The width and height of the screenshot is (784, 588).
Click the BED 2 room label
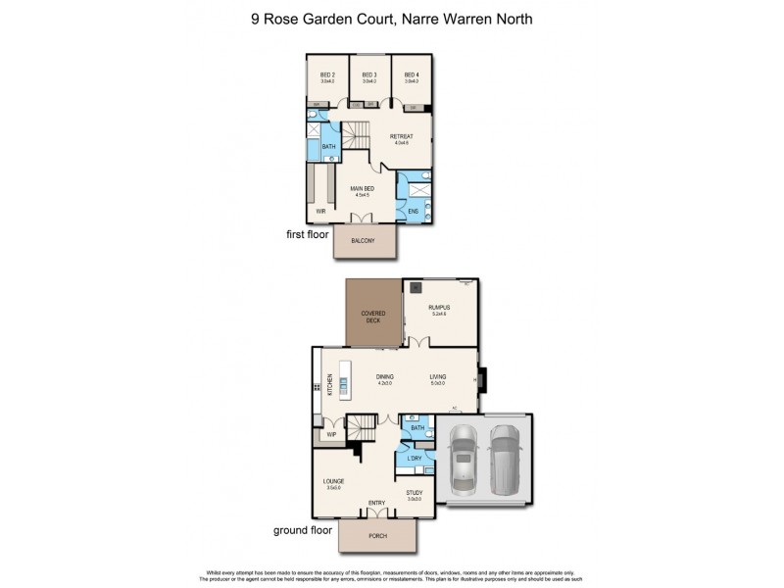(327, 74)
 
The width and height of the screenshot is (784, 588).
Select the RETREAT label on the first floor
(402, 136)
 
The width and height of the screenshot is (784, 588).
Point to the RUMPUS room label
(439, 308)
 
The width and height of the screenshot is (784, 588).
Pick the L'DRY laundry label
(415, 460)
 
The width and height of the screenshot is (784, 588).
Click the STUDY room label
(414, 494)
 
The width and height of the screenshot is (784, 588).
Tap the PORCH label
(376, 537)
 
